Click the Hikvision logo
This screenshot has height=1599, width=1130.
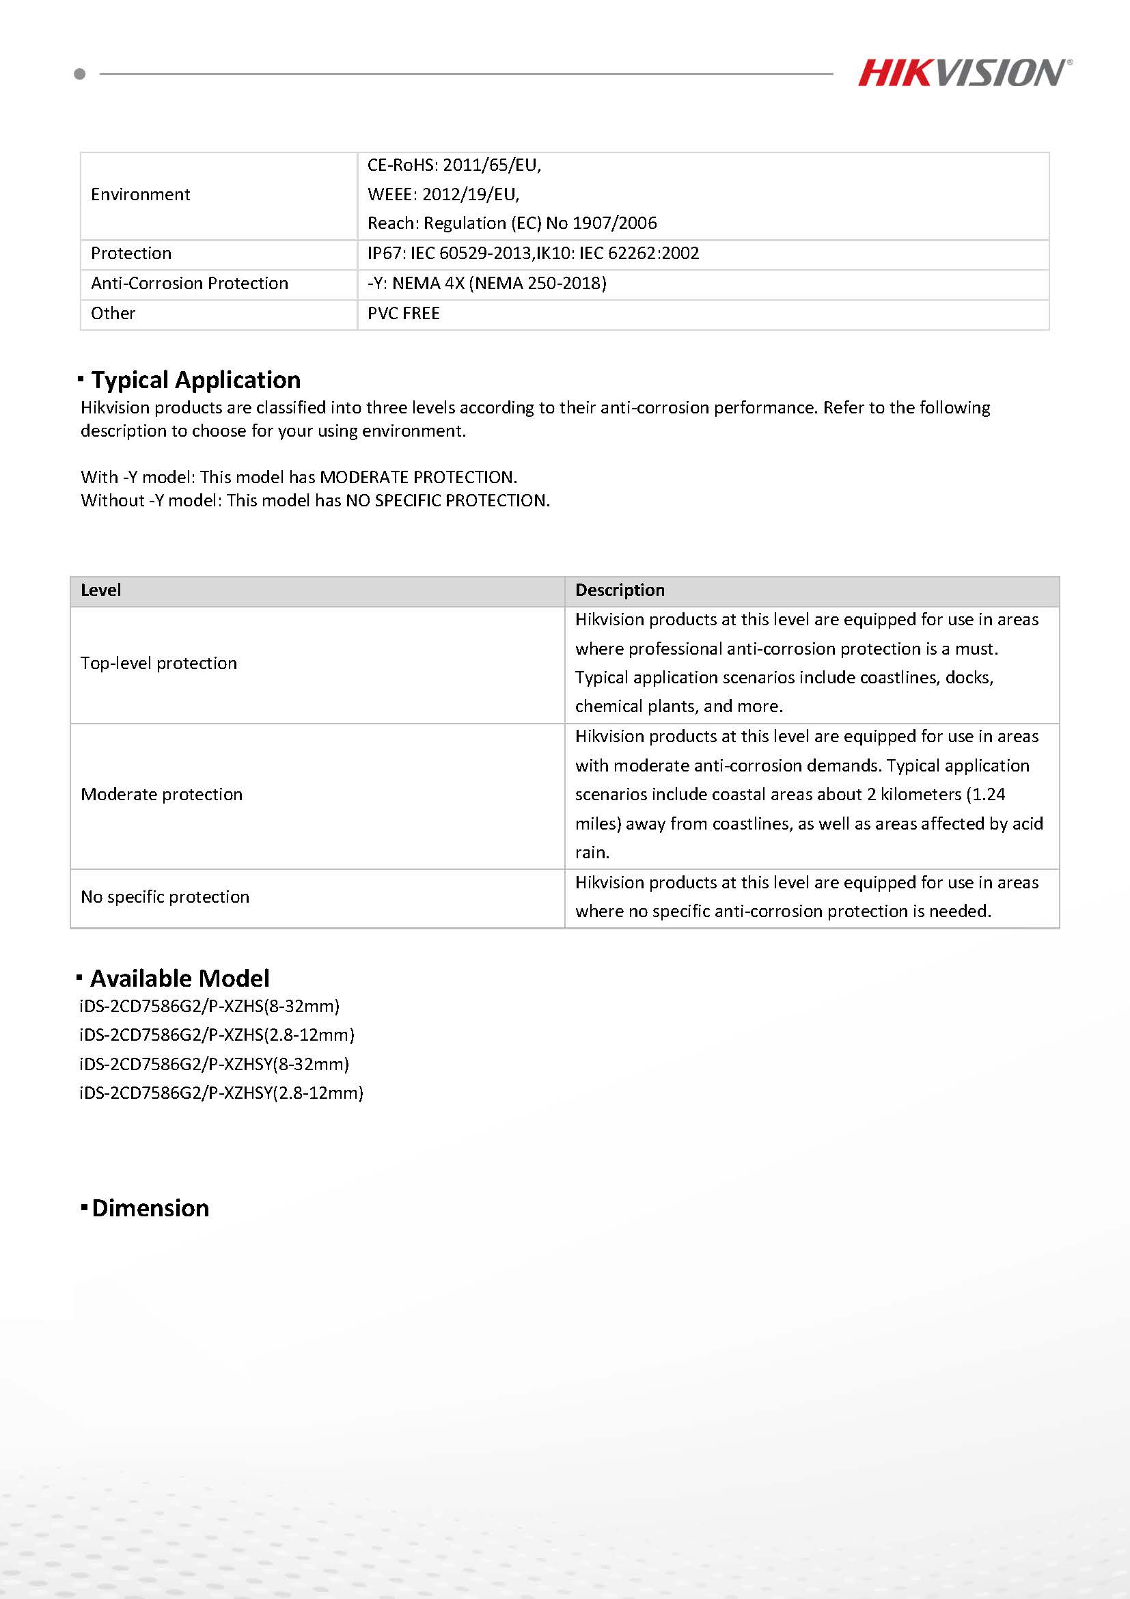pos(964,73)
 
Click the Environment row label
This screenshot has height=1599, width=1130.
pos(140,194)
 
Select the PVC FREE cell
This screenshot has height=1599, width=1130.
pos(404,314)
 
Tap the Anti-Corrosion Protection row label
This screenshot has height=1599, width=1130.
pos(189,284)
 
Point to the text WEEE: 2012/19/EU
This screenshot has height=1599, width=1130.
pos(443,193)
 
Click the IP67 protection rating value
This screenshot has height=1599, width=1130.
pos(533,253)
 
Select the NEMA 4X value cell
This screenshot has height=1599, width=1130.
pos(486,284)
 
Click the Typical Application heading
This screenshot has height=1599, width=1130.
pos(195,379)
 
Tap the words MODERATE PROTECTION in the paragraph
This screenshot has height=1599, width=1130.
pos(417,477)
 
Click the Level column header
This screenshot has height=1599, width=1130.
pos(101,590)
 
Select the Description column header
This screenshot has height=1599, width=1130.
pos(620,590)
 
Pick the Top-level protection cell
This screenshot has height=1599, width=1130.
pos(159,663)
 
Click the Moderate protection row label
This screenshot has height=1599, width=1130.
pos(161,795)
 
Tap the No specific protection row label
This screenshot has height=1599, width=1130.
pos(165,897)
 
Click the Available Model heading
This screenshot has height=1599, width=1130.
pos(180,979)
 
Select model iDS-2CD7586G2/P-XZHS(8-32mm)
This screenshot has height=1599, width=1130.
pos(210,1007)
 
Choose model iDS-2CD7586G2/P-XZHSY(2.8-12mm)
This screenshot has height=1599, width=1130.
pos(221,1093)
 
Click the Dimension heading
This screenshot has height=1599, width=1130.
pos(150,1208)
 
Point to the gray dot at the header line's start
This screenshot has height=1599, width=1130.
pos(80,74)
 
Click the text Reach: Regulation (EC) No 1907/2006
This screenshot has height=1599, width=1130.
pos(512,223)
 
